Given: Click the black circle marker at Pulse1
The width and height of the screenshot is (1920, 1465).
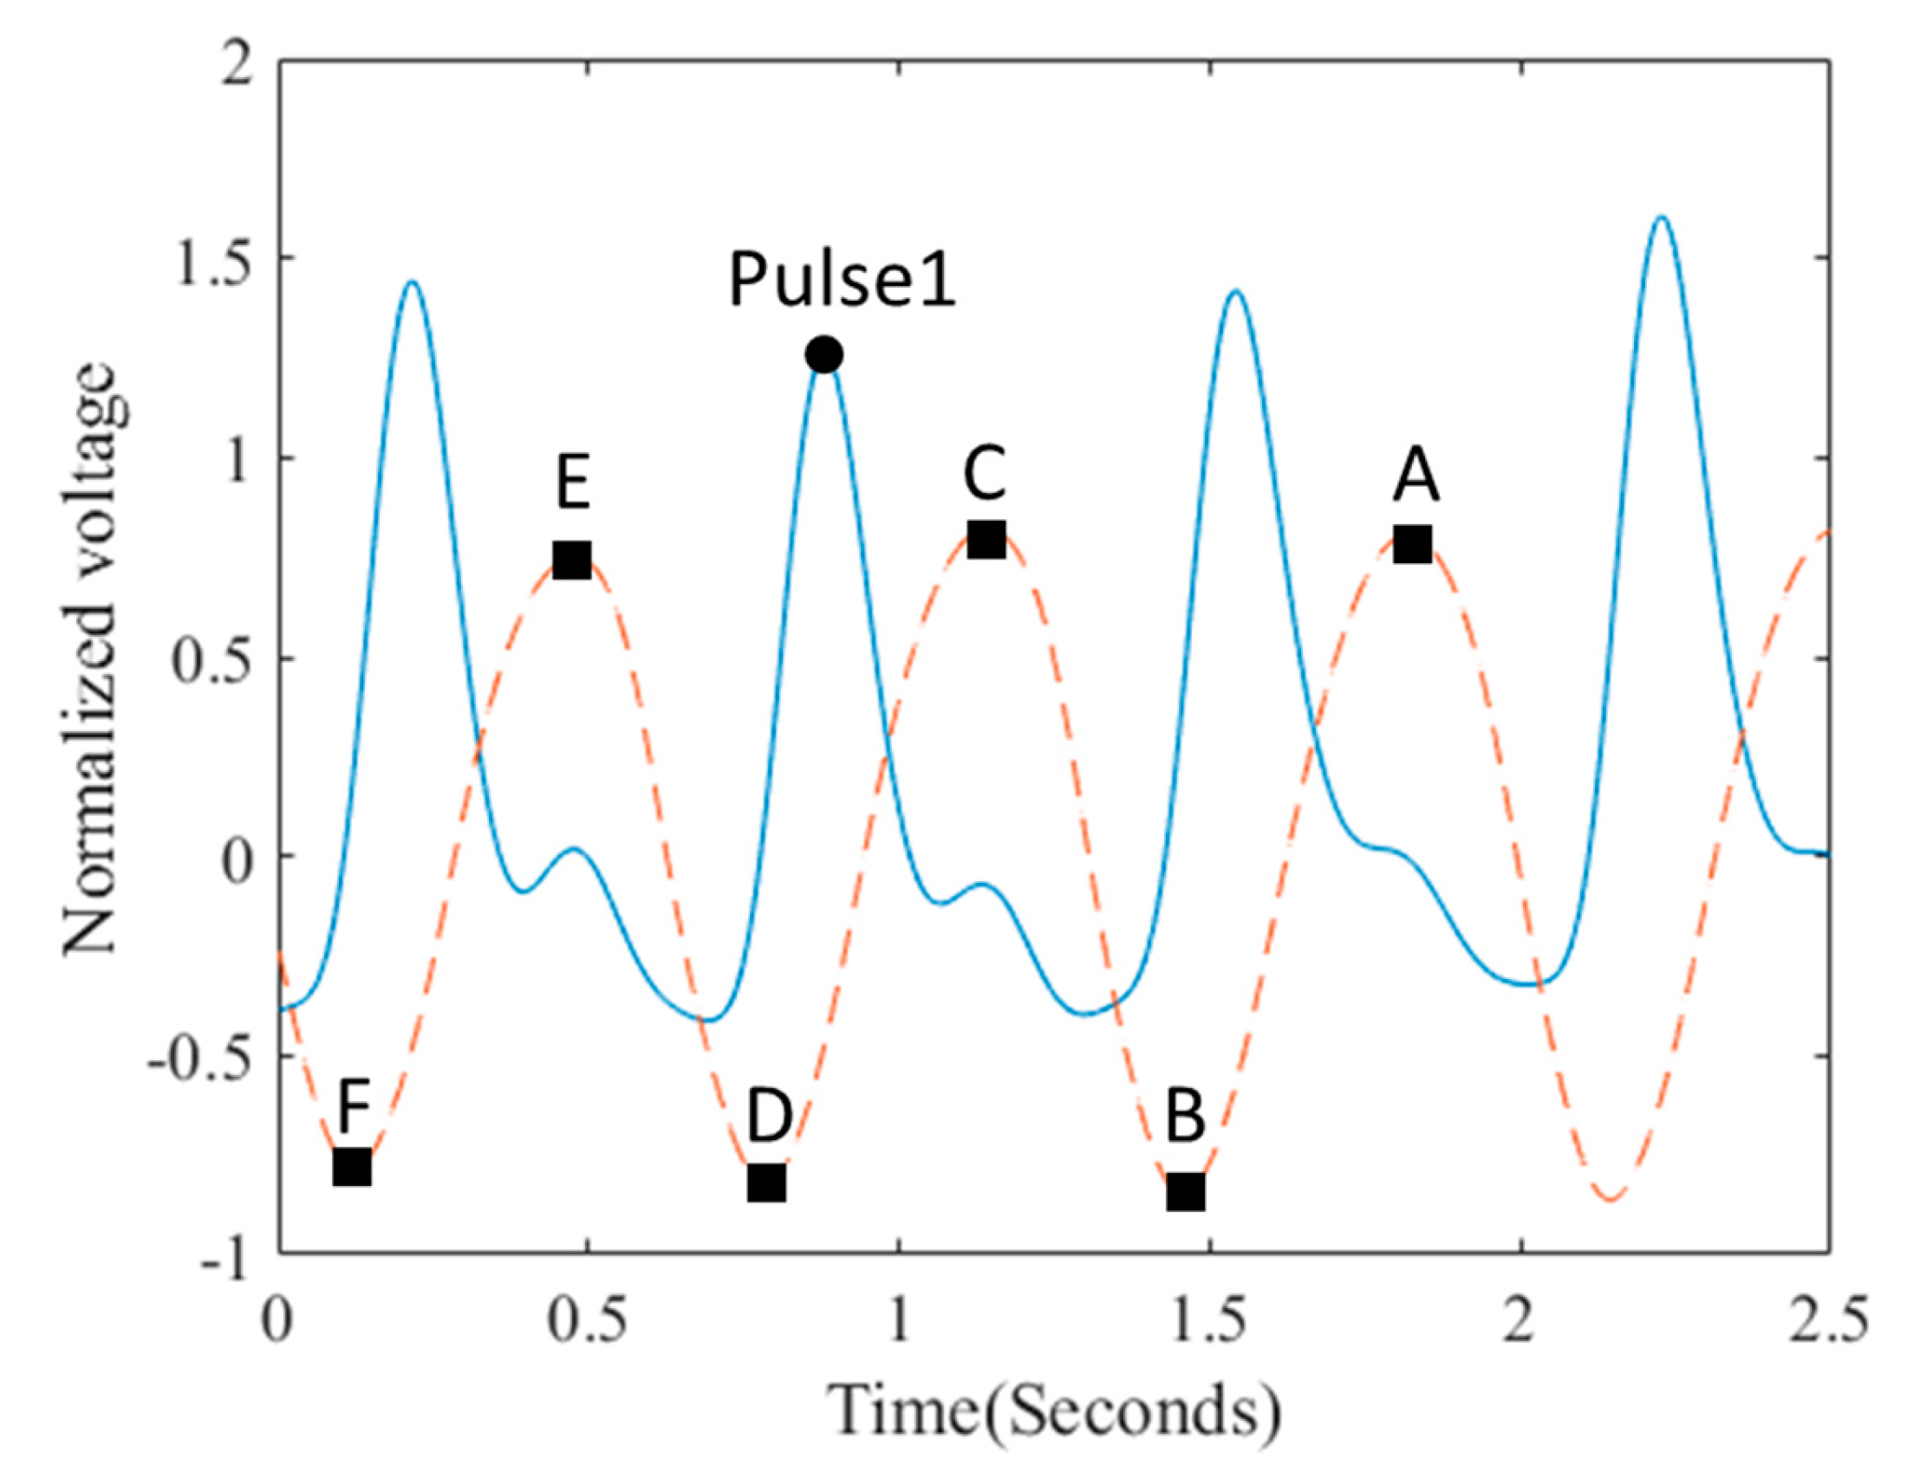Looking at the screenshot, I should coord(823,355).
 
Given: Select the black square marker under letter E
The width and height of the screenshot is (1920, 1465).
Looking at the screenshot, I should coord(572,560).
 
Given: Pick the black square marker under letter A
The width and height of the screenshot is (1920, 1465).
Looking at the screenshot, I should coord(1412,544).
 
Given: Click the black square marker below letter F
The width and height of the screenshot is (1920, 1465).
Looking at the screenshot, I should coord(353,1168).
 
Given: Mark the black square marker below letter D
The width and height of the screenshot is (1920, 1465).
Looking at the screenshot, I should coord(767,1183).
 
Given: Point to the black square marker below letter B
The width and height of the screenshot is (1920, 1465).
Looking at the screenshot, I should coord(1187,1191).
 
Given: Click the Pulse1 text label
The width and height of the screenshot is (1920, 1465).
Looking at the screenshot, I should coord(842,281).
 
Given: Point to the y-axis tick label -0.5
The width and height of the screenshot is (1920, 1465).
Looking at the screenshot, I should coord(199,1057).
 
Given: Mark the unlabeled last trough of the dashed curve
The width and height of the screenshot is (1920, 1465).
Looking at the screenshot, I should coord(1611,1201).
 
